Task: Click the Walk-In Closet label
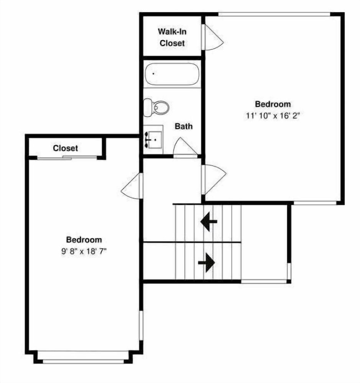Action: [172, 38]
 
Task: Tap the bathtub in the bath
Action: [172, 74]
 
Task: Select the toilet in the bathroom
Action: [156, 107]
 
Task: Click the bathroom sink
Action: [153, 140]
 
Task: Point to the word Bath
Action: [184, 126]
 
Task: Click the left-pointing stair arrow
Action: [209, 222]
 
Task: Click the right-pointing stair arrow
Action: [207, 263]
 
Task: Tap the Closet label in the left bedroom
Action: [65, 148]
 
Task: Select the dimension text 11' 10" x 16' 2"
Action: [273, 116]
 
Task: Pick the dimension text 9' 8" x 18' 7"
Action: [84, 251]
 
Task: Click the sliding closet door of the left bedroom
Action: [67, 158]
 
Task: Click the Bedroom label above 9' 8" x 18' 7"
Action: [84, 240]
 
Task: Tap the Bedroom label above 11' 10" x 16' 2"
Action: [273, 104]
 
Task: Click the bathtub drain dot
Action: [153, 74]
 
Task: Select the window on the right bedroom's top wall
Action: [274, 14]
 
